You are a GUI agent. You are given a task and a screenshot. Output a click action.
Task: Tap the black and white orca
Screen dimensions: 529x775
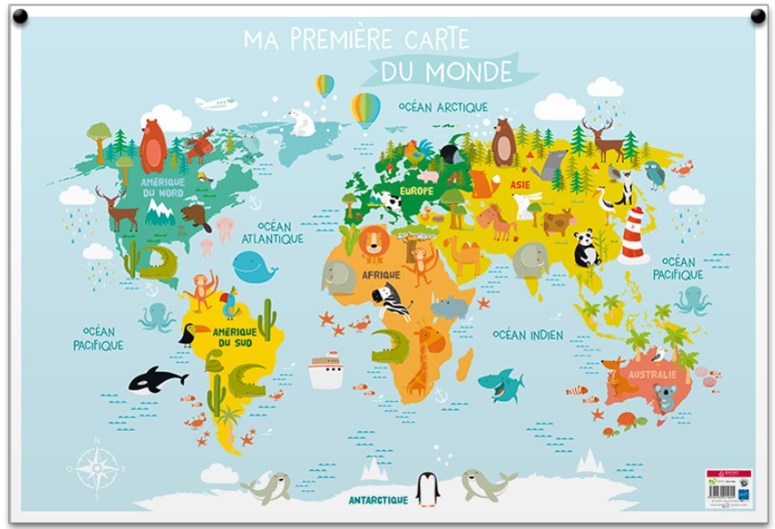(156, 380)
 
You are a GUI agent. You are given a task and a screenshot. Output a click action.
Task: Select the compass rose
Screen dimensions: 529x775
(97, 468)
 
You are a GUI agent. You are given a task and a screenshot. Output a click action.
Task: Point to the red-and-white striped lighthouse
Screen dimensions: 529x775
(634, 234)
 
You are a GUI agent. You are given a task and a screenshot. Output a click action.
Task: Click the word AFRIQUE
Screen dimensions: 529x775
(380, 275)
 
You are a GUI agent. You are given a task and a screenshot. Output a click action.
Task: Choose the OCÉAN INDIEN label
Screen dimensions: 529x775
(528, 335)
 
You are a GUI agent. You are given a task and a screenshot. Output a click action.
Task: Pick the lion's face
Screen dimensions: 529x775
(374, 241)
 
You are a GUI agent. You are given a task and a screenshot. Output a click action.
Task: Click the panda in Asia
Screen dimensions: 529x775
(586, 249)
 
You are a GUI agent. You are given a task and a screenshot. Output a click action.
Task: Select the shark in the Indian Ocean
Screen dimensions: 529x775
(500, 384)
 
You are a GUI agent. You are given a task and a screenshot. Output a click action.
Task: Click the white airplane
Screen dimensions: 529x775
(216, 104)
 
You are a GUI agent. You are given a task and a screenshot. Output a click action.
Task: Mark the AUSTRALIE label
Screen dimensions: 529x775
(651, 375)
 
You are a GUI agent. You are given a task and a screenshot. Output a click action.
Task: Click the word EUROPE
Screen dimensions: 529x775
(417, 191)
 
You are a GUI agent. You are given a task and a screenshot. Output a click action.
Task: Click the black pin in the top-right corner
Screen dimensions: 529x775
(758, 16)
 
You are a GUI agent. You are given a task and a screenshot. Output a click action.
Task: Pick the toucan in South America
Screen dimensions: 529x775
(192, 334)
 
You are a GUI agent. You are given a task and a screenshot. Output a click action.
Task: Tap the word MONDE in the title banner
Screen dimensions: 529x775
(468, 71)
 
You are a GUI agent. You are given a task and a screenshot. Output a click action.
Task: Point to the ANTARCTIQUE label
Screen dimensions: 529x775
(378, 501)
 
